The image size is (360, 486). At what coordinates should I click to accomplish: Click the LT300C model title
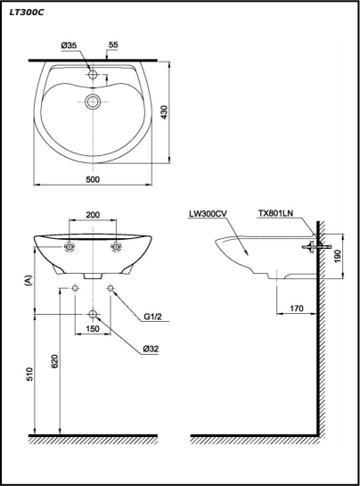click(27, 12)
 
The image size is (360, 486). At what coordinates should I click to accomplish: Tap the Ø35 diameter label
click(69, 45)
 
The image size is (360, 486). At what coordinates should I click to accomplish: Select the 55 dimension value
click(113, 45)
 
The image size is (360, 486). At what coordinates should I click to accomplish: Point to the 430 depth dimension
click(164, 112)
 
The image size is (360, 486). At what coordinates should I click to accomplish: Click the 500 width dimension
click(93, 179)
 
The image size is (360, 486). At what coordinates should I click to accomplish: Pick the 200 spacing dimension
click(93, 215)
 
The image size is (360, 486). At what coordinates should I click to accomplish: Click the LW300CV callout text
click(208, 213)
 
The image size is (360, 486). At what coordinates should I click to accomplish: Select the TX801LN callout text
click(275, 213)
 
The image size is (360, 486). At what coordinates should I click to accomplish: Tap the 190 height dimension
click(338, 256)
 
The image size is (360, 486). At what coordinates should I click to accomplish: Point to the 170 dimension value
click(297, 309)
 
